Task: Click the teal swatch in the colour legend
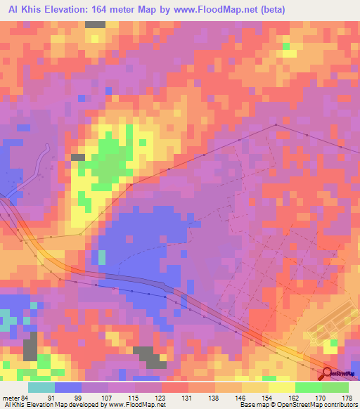tap(41, 387)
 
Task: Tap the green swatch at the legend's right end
tap(335, 387)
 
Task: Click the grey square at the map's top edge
tap(95, 24)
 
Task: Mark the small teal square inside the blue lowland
tap(102, 257)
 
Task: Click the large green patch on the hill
tap(108, 158)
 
